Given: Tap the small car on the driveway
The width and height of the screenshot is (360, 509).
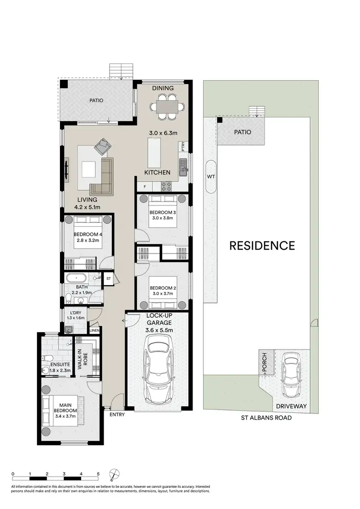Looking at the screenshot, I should tap(290, 375).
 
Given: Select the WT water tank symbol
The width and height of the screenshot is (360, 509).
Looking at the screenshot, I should tap(210, 177).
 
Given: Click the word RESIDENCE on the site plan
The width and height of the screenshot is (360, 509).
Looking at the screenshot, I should tap(262, 246).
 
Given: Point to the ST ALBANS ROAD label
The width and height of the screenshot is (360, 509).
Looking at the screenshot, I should tap(266, 418).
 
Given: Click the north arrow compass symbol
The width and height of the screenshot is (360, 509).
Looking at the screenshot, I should tap(113, 475).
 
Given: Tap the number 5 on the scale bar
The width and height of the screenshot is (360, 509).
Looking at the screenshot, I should tap(98, 474).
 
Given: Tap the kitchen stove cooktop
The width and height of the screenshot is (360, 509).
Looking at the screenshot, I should tap(167, 185).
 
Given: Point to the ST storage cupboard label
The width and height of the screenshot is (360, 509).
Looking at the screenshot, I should tap(108, 278).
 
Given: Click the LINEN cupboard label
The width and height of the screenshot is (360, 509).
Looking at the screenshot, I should tap(95, 330).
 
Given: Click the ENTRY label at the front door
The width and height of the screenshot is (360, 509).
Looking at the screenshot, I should tap(117, 414).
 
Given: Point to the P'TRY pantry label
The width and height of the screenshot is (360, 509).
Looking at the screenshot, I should tap(183, 147).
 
